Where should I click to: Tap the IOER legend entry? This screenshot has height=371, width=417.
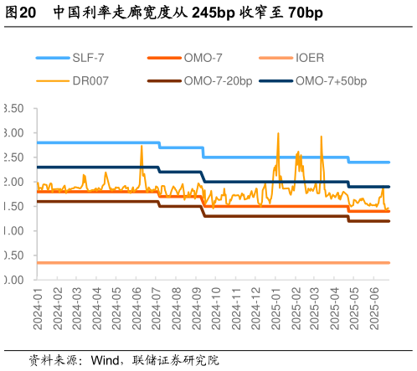click(310, 59)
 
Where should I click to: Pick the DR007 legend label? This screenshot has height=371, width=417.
click(90, 81)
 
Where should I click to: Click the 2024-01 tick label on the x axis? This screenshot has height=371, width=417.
click(38, 309)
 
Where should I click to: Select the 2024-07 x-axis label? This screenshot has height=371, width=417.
click(157, 309)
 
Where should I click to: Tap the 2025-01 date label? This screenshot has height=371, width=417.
click(276, 309)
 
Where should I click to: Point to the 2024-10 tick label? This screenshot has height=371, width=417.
click(217, 309)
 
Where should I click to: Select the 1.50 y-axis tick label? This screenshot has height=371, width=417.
click(13, 206)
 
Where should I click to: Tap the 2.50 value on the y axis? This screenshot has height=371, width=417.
click(13, 157)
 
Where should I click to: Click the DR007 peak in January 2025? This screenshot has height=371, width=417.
click(278, 133)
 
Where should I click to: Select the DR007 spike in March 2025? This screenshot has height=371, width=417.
click(322, 136)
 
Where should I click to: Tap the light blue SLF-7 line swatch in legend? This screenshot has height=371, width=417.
click(53, 59)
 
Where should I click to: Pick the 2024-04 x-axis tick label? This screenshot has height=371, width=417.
click(97, 309)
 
